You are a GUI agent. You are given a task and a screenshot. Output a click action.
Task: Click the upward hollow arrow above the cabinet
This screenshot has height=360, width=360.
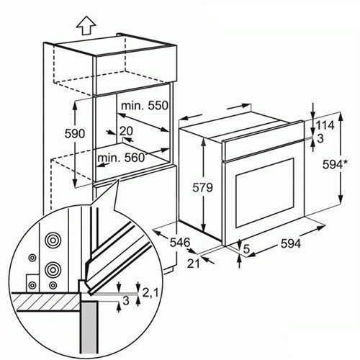click(86, 27)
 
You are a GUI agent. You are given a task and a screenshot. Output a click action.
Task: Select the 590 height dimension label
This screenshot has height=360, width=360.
click(75, 134)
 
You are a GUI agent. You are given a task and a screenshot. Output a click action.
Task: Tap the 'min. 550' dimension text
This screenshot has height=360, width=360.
click(145, 105)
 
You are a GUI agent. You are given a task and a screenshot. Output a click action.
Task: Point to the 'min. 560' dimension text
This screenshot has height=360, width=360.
click(121, 158)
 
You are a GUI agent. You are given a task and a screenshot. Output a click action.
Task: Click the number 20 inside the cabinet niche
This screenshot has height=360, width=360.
click(126, 131)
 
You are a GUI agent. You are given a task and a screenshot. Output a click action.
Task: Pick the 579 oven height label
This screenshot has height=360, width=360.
click(202, 187)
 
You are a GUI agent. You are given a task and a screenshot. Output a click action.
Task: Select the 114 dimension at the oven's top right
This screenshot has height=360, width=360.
click(325, 125)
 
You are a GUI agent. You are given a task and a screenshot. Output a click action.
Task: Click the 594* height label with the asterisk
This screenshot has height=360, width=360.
click(335, 165)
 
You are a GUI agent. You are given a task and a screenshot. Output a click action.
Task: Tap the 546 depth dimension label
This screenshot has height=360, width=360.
click(180, 243)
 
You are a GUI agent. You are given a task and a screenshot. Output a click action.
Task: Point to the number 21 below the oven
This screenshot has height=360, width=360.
click(194, 264)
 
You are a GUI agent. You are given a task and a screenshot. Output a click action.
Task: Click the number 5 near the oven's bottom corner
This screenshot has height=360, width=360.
click(246, 249)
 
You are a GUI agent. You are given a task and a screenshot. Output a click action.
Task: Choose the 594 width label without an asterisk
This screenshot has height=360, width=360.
click(291, 244)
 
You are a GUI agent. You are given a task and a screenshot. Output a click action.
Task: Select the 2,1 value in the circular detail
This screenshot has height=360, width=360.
click(150, 292)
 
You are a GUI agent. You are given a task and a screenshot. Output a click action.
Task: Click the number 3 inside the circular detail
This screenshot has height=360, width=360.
click(126, 300)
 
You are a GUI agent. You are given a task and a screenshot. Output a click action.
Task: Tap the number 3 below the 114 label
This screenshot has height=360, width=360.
click(320, 138)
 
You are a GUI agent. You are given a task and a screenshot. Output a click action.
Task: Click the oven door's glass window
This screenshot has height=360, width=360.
click(265, 193)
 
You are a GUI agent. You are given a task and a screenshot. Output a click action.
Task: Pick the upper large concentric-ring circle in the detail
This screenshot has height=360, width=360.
click(53, 240)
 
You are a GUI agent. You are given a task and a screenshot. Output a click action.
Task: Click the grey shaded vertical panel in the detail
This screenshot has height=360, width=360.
click(89, 330)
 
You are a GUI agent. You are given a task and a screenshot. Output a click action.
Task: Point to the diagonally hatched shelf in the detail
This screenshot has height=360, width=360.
click(45, 302)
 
